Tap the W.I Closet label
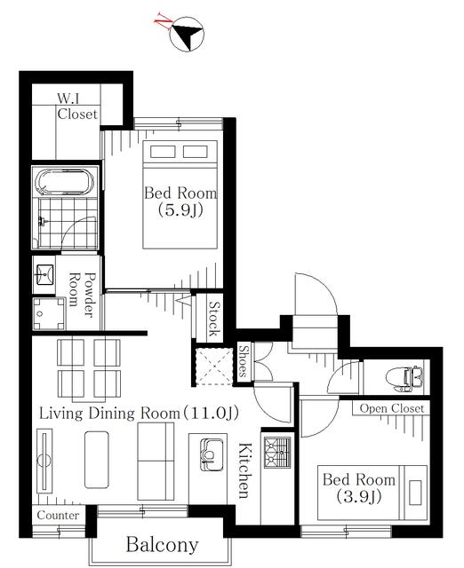pyautogui.click(x=77, y=106)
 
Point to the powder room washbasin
pyautogui.click(x=44, y=274)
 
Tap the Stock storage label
pyautogui.click(x=214, y=319)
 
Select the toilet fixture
pyautogui.click(x=406, y=379)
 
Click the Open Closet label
pyautogui.click(x=391, y=408)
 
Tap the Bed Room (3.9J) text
pyautogui.click(x=359, y=487)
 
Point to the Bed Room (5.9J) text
pyautogui.click(x=180, y=201)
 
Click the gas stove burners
pyautogui.click(x=277, y=452)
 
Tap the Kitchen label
pyautogui.click(x=244, y=470)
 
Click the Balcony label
pyautogui.click(x=162, y=544)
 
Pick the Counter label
pyautogui.click(x=58, y=515)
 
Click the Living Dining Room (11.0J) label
pyautogui.click(x=139, y=413)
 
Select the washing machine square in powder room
pyautogui.click(x=49, y=313)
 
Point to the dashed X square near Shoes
pyautogui.click(x=213, y=367)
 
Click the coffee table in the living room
pyautogui.click(x=97, y=460)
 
